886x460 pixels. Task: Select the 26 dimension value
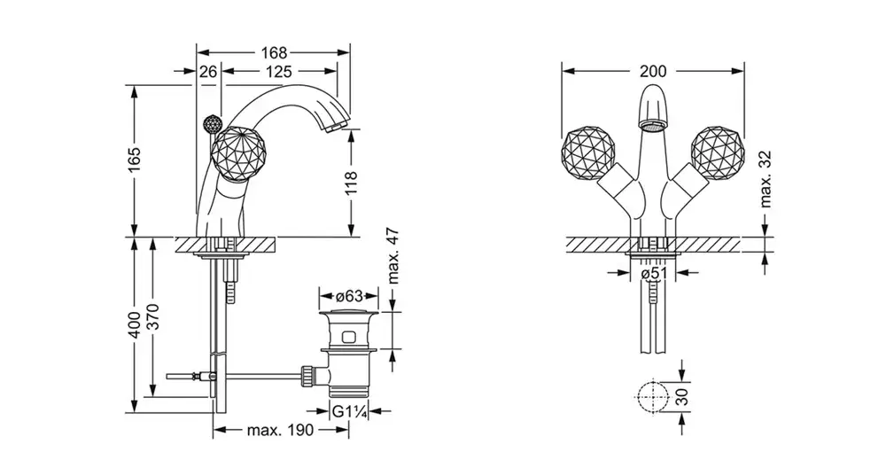208,71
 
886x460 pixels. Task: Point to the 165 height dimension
135,160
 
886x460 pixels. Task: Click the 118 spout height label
352,183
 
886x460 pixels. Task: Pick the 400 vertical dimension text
135,324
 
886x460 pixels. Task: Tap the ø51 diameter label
653,273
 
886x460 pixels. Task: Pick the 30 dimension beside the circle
682,396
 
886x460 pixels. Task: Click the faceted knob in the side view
235,154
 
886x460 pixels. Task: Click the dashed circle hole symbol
652,396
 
